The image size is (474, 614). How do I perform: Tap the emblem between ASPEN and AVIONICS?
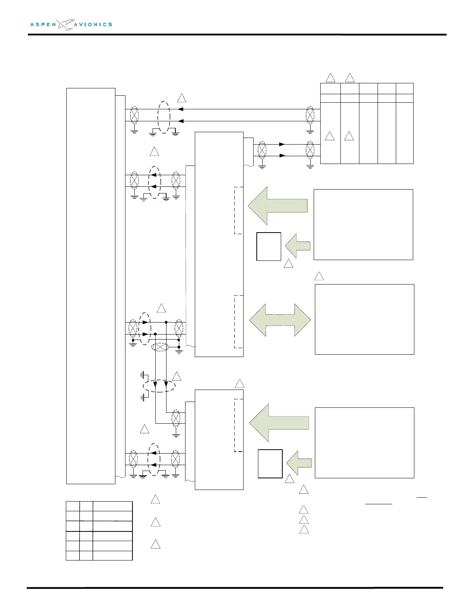coord(64,24)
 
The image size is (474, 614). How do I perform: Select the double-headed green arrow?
coord(280,320)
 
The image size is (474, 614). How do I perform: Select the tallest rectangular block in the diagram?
coord(91,286)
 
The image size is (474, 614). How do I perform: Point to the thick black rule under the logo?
coord(237,34)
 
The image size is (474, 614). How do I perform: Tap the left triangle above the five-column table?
coord(330,78)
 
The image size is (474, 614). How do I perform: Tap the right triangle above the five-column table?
coord(350,78)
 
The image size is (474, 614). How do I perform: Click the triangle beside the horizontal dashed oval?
coord(177,376)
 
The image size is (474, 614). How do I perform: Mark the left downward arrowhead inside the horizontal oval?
coord(155,385)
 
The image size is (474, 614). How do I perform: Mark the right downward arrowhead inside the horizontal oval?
coord(166,385)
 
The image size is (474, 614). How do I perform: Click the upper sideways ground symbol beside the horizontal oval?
coord(143,375)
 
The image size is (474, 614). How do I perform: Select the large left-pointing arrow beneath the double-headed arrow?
coord(279,423)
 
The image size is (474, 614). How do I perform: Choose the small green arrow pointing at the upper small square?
coord(298,246)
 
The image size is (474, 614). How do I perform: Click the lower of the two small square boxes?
coord(270,464)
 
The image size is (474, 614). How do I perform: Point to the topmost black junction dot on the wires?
coord(166,322)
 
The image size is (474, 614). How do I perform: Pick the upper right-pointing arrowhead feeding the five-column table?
coord(282,144)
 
